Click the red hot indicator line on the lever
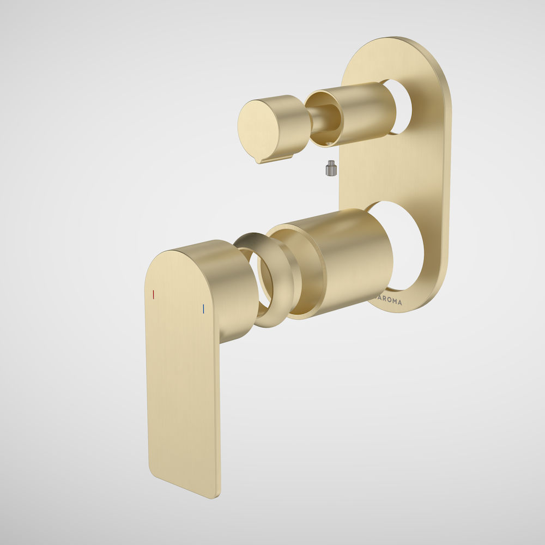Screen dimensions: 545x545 (154, 294)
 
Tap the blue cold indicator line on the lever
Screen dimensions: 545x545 (203, 308)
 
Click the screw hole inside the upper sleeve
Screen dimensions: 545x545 (329, 143)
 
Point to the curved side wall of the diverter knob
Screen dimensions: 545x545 (292, 123)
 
